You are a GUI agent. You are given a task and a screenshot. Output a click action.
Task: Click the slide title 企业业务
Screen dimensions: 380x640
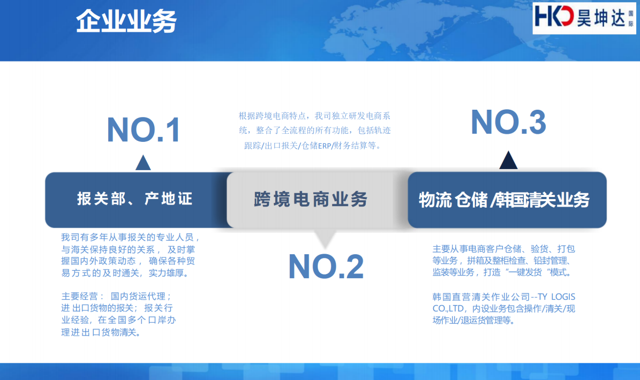click(x=126, y=21)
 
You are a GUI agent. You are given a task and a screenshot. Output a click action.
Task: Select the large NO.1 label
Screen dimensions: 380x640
click(x=144, y=131)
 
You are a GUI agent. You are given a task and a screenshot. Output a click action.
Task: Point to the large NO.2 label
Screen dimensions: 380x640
click(x=326, y=267)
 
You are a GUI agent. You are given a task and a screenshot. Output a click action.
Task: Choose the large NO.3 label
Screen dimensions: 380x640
click(x=508, y=123)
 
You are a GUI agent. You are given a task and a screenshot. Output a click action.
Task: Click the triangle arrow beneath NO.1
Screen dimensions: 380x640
click(x=143, y=163)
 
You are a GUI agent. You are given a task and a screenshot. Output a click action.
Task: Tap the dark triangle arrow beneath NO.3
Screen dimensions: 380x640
click(x=508, y=160)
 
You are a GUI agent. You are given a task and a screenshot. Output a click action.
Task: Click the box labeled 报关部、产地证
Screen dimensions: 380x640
click(x=135, y=200)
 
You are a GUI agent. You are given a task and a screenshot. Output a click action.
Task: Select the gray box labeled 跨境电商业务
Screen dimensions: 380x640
click(x=311, y=200)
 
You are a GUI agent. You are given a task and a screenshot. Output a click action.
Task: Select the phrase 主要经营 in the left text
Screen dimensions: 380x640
click(x=79, y=296)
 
